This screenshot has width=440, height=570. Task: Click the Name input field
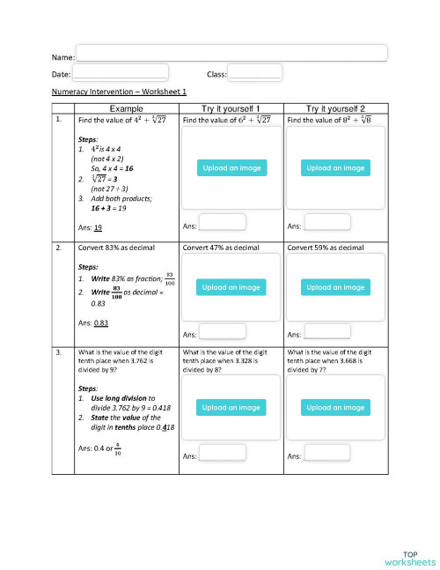(x=231, y=53)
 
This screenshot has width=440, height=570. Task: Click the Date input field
(x=120, y=73)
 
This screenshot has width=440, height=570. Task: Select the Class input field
(x=254, y=73)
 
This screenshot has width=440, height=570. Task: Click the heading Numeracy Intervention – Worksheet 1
(x=120, y=92)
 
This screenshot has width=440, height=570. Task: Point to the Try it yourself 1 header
(x=231, y=107)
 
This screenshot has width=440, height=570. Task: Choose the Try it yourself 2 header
(x=335, y=107)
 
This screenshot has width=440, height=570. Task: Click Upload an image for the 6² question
(x=231, y=167)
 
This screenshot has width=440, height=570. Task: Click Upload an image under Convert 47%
(x=231, y=287)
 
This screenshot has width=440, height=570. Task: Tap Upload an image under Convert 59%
(x=335, y=287)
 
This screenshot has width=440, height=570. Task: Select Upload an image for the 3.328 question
(x=231, y=408)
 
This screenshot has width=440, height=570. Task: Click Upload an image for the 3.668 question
(x=335, y=408)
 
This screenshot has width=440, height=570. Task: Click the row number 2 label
(x=58, y=248)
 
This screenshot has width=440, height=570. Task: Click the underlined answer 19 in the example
(x=99, y=228)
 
